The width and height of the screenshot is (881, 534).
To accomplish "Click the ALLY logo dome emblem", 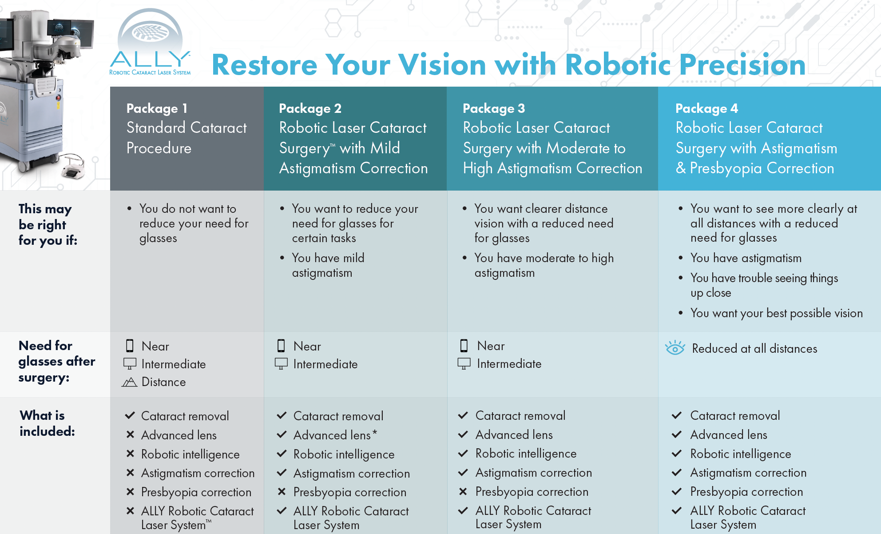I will click(150, 32).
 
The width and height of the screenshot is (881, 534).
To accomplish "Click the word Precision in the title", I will click(742, 65).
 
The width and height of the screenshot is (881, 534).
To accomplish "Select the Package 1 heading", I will click(157, 108).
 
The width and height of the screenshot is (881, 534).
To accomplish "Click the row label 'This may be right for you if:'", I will click(48, 224).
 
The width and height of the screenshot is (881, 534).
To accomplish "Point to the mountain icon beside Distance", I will click(129, 382).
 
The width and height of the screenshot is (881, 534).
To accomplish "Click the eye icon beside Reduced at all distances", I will click(675, 348).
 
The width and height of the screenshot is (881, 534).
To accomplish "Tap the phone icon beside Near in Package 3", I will click(464, 346).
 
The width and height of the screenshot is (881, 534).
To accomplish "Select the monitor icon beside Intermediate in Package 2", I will click(281, 364).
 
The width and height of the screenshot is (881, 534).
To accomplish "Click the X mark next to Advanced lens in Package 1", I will click(130, 435).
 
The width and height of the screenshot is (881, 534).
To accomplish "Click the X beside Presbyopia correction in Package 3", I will click(463, 491).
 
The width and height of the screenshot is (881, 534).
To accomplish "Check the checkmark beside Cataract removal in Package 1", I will click(130, 416).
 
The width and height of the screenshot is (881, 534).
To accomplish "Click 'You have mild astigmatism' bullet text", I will click(328, 265).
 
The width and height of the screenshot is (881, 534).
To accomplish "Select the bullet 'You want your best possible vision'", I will click(776, 313).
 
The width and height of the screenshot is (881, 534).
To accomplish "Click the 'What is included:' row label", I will click(47, 423).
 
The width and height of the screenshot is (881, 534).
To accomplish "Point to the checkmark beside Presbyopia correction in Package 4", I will click(676, 491).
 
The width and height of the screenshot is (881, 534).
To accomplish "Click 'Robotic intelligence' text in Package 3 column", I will click(526, 454).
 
